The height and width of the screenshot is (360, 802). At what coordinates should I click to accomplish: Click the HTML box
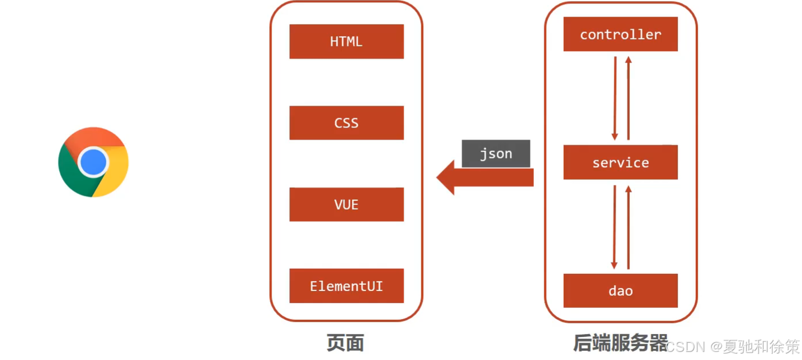point(346,41)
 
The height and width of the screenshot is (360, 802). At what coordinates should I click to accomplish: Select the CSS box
point(346,123)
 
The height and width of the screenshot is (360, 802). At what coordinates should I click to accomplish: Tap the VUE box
point(346,204)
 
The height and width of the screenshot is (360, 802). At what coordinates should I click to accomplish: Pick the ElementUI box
point(346,286)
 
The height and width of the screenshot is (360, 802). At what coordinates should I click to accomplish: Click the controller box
point(620,34)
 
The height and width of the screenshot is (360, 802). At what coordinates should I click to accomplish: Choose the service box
point(620,162)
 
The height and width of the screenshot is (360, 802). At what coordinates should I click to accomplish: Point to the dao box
point(620,291)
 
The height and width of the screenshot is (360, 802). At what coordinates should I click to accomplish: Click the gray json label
point(495,154)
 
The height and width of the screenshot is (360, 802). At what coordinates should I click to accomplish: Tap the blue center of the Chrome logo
point(93,162)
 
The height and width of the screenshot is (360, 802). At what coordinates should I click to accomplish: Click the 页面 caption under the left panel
point(345,343)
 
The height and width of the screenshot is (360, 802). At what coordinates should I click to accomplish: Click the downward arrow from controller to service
point(615,98)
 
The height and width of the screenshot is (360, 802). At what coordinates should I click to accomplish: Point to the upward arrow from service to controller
point(628,98)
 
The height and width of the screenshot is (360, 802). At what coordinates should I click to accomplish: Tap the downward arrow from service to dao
point(614,226)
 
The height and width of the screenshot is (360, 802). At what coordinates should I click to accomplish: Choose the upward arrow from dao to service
point(628,226)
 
